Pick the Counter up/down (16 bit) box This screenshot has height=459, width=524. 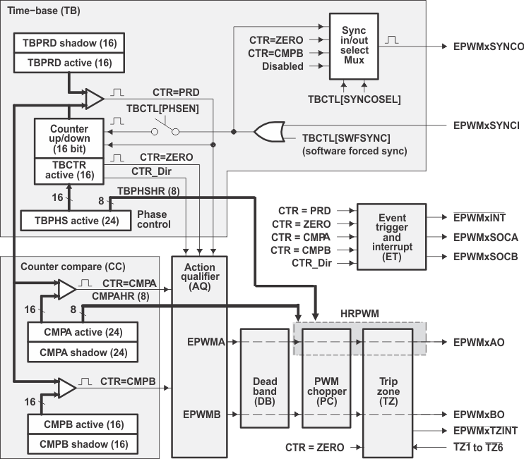(69, 139)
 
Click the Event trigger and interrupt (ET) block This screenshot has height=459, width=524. (392, 237)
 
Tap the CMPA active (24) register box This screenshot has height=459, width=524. (82, 331)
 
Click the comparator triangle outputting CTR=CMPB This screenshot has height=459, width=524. (65, 387)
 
